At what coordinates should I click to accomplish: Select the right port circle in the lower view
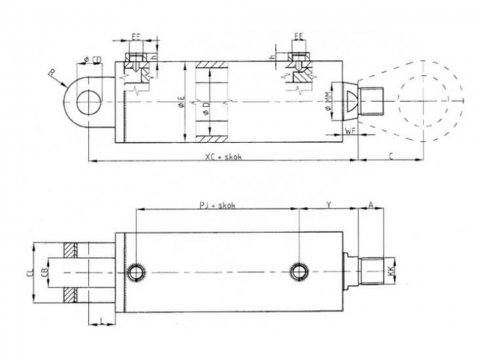[297, 270]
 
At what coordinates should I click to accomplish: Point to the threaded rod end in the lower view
[377, 270]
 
